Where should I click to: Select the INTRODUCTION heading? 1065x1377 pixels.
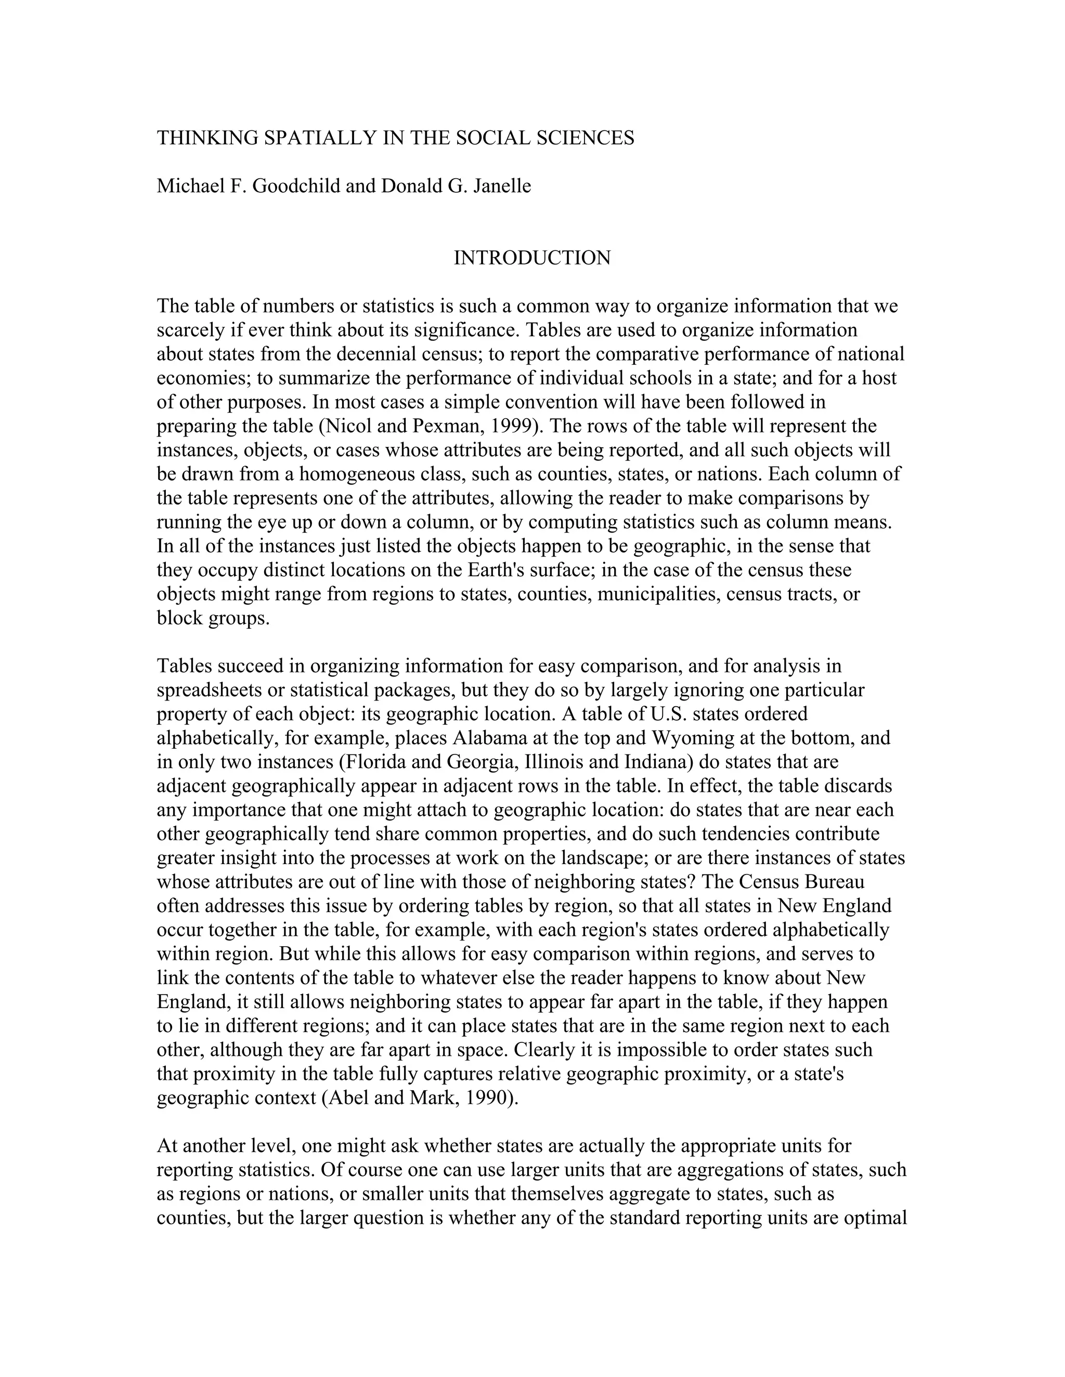[532, 258]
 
